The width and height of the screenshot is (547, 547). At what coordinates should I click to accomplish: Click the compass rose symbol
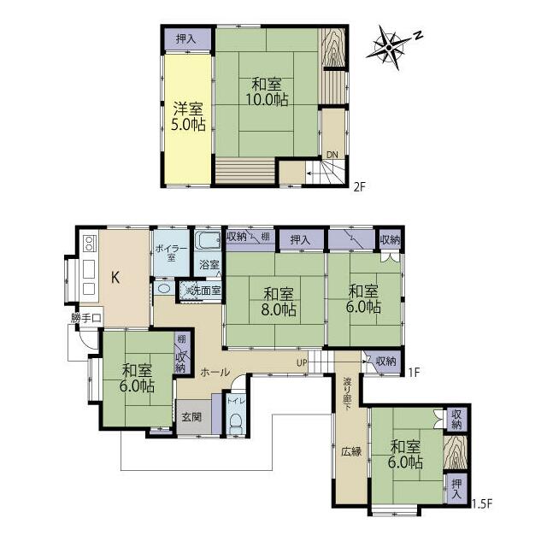(391, 44)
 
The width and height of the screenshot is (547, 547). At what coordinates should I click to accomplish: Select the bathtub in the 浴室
(208, 241)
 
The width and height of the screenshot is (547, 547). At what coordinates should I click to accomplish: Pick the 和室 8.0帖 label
(275, 302)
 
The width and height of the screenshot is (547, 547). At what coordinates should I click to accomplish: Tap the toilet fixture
(237, 421)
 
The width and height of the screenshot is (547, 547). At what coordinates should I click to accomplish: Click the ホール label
(214, 373)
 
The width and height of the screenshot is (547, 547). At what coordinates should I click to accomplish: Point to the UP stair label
(302, 362)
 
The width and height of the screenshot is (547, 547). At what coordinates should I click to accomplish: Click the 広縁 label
(350, 451)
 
